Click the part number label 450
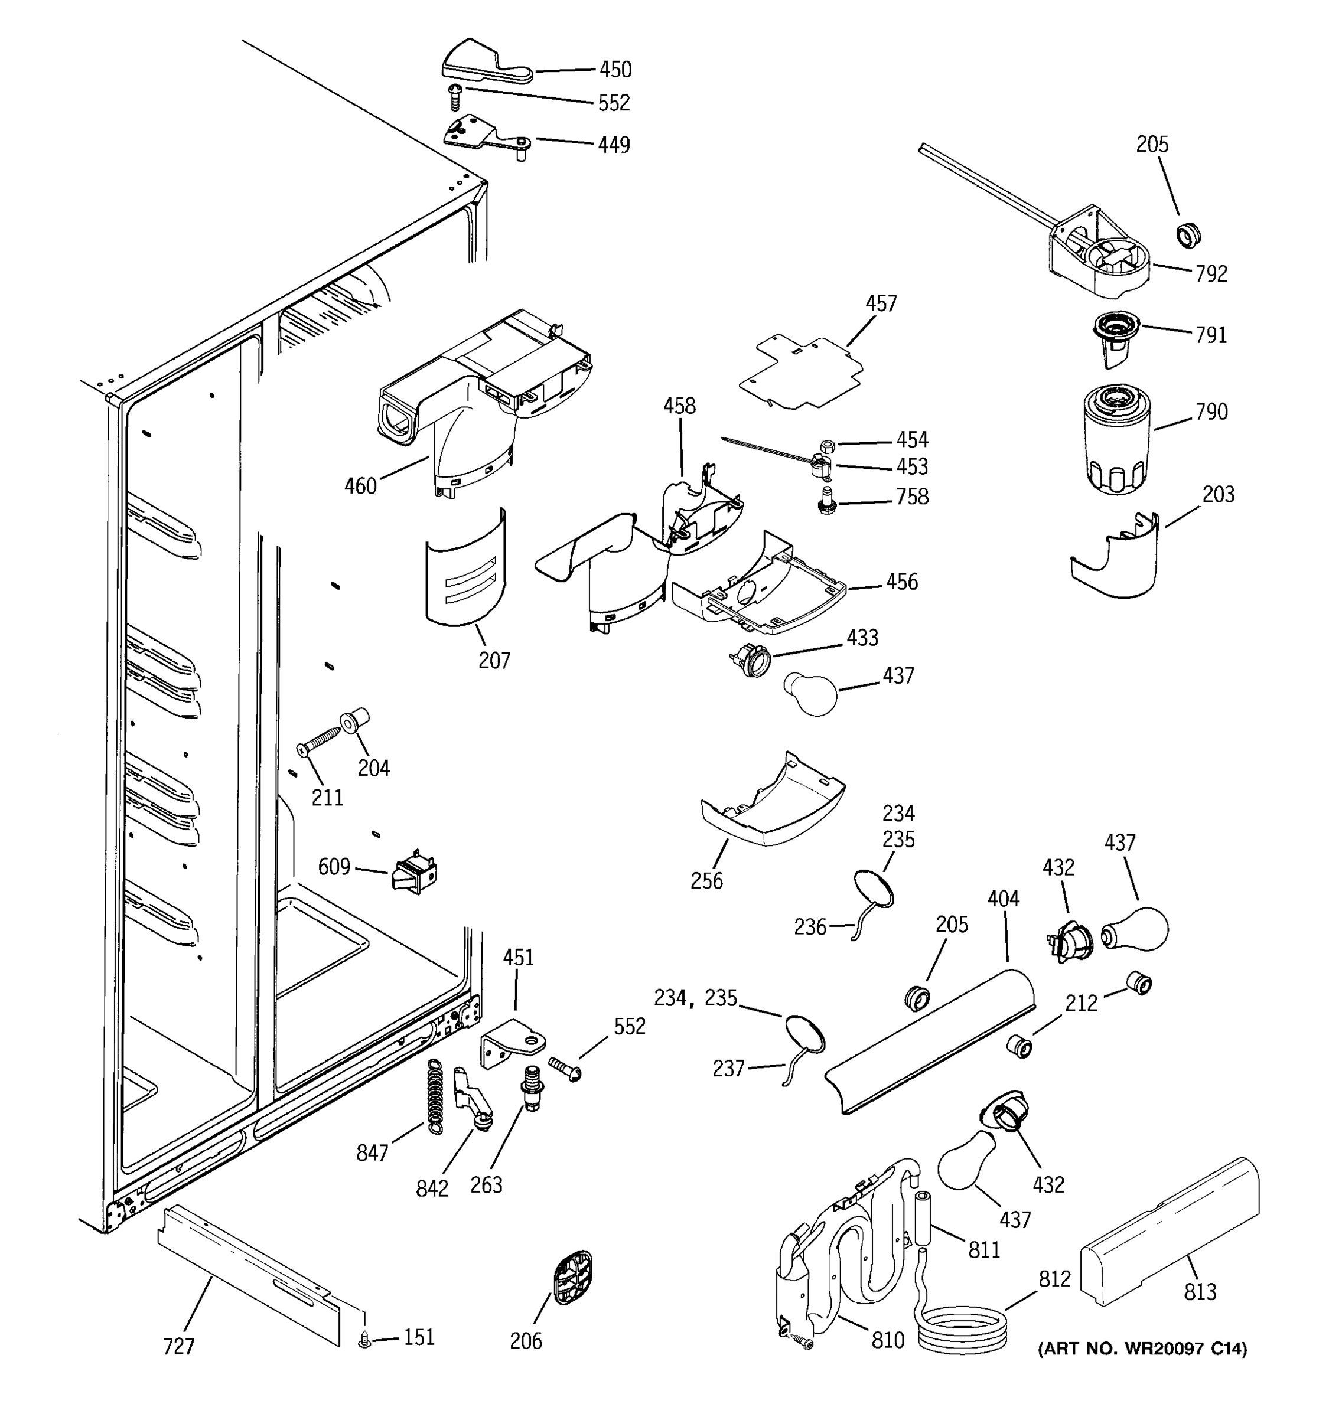coord(615,69)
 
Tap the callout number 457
coord(881,303)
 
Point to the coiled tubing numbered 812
coord(963,1325)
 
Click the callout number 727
coord(178,1346)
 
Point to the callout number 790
coord(1211,412)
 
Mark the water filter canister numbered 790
coord(1116,440)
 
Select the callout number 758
coord(913,496)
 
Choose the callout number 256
coord(706,880)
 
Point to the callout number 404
coord(1003,899)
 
